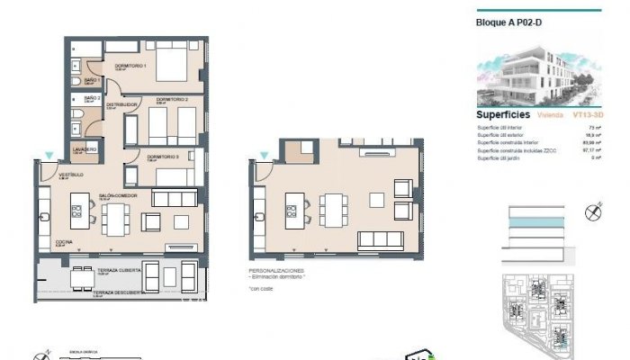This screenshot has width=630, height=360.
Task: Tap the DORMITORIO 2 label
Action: click(x=172, y=100)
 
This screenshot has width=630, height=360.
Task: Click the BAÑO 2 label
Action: click(x=91, y=97)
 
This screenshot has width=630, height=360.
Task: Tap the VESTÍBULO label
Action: click(x=71, y=174)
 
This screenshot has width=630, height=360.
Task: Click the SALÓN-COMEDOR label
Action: click(x=117, y=194)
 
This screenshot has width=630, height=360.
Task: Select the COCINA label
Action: click(x=64, y=243)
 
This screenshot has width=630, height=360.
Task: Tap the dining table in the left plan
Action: click(x=115, y=219)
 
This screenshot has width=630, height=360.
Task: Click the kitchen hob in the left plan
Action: click(x=76, y=213)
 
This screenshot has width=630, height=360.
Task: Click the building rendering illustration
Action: click(x=536, y=72)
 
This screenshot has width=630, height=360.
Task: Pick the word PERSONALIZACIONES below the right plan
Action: click(x=277, y=269)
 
